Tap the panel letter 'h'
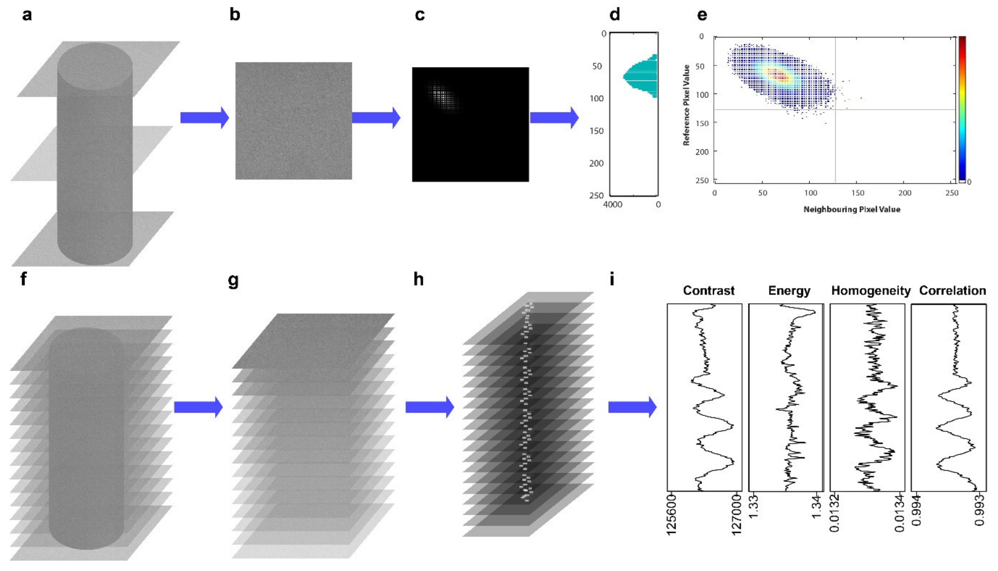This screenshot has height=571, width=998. [x=418, y=280]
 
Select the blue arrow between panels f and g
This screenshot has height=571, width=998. [x=198, y=407]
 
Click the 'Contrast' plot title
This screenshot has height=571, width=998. [x=708, y=291]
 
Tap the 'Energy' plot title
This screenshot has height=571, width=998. [x=789, y=291]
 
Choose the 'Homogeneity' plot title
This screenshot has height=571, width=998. [x=871, y=291]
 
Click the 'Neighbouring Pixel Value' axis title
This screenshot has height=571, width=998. [x=852, y=209]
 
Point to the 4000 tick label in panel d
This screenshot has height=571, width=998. [x=612, y=204]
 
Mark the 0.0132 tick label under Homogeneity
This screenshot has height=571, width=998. [x=835, y=514]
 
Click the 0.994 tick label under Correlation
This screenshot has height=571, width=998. [x=916, y=510]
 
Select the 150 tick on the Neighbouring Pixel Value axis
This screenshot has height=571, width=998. [x=857, y=193]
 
